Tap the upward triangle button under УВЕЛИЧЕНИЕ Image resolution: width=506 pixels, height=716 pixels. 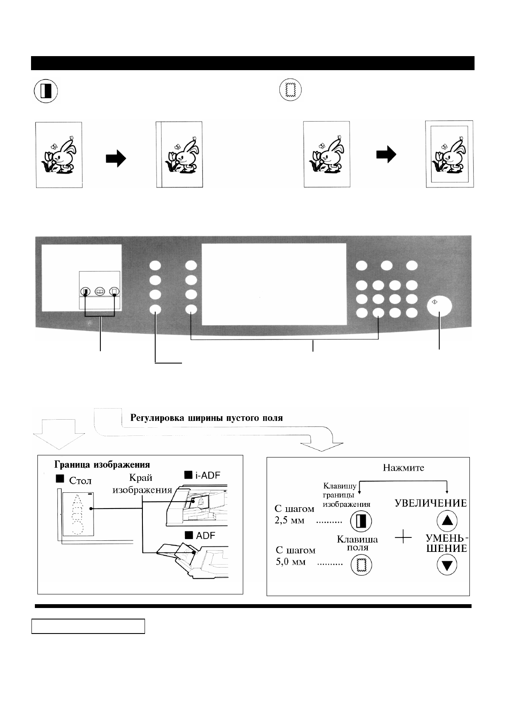(446, 520)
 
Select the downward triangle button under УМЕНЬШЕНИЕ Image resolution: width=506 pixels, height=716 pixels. (446, 565)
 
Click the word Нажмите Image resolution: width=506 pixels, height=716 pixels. (404, 468)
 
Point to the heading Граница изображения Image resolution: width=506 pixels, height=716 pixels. (102, 464)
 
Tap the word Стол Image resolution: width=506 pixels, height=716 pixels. (80, 481)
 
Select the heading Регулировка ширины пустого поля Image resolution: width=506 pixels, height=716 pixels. (206, 418)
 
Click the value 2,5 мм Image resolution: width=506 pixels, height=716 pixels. (290, 520)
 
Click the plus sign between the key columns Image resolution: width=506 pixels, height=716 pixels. (403, 538)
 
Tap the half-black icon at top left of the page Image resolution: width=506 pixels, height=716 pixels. (45, 91)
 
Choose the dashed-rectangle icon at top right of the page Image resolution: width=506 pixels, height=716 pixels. (290, 91)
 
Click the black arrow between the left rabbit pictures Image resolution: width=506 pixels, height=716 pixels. (116, 159)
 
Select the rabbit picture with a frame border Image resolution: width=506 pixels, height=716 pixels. (449, 154)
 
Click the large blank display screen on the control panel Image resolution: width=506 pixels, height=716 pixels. (274, 284)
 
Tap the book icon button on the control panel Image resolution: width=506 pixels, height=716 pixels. (100, 292)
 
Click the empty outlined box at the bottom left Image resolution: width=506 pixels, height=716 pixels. (88, 626)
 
